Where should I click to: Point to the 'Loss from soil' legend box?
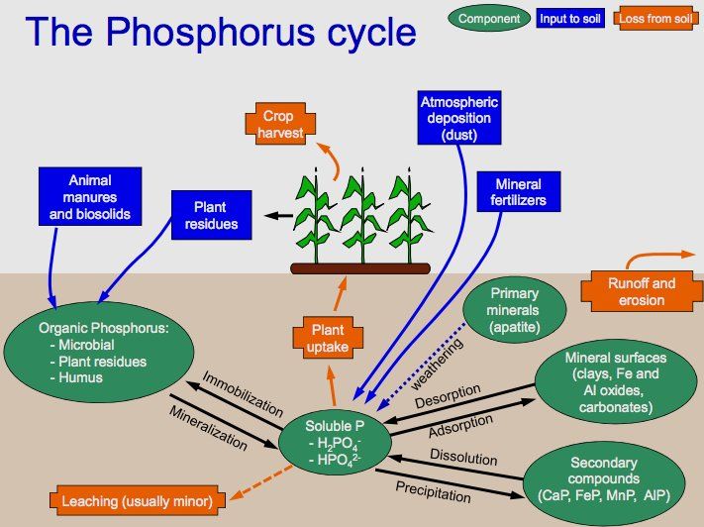[x=654, y=17]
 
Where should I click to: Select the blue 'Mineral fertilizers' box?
[x=518, y=191]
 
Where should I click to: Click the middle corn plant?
[x=358, y=216]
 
